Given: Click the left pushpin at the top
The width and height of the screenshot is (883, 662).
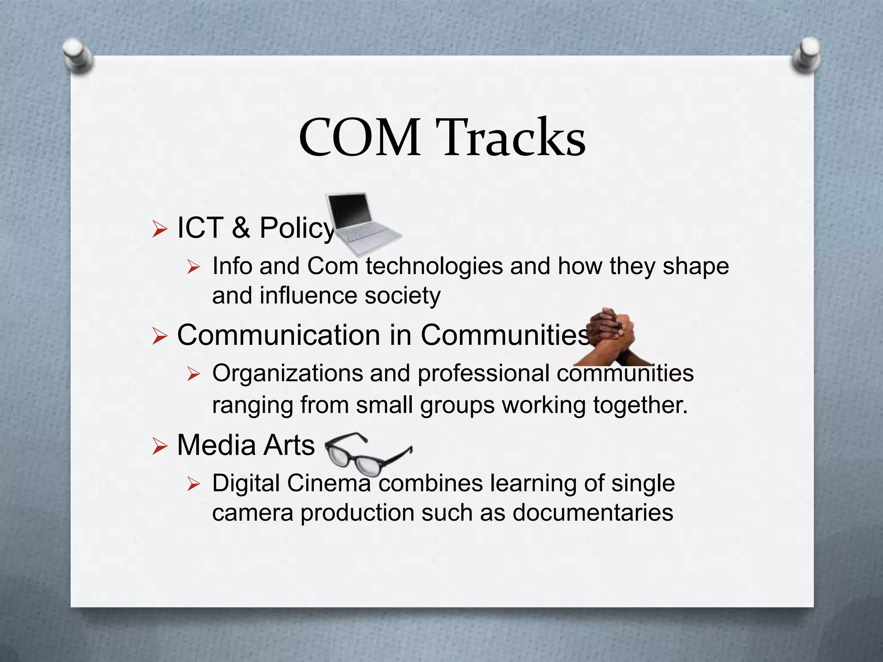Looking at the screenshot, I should (x=78, y=56).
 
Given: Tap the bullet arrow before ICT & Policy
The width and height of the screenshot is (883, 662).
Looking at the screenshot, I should (x=159, y=229).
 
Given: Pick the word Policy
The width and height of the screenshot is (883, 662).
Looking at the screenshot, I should (x=297, y=228).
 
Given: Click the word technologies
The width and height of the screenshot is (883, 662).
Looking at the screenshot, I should (x=434, y=266).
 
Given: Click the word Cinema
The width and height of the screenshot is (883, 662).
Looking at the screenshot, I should (x=329, y=483).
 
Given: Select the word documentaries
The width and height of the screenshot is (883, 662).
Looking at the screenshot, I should (x=593, y=513).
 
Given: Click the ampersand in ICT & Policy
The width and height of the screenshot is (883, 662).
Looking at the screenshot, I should (x=241, y=228).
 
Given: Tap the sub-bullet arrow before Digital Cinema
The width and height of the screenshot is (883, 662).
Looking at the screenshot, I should (x=194, y=485).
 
